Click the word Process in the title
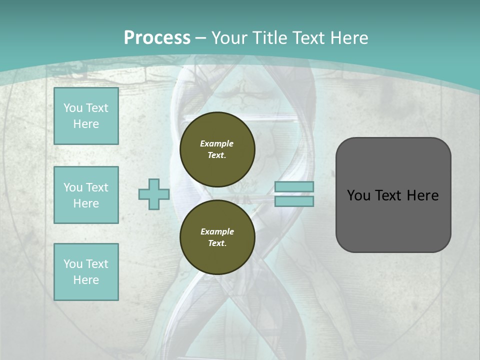coord(157,38)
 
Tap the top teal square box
coord(86,116)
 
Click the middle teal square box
coord(86,195)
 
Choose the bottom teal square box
coord(86,272)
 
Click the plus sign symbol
coord(154,194)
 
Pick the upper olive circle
coord(217,149)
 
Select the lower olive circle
coord(217,237)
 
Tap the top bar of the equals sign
coord(294,186)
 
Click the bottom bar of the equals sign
coord(294,201)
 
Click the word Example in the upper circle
coord(217,143)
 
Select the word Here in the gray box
coord(422,195)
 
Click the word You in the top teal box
coord(72,108)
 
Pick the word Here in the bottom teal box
coord(86,280)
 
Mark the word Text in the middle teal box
coord(97,187)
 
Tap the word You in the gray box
coord(358,195)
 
